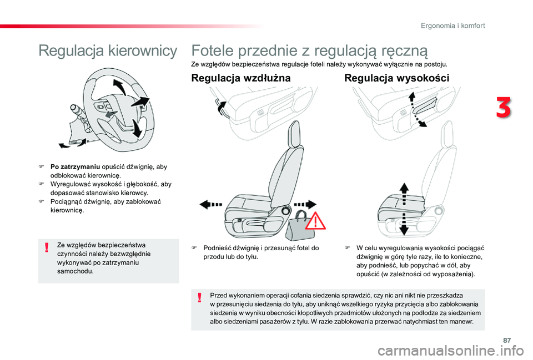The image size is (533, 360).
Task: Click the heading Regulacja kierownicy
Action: (x=108, y=51)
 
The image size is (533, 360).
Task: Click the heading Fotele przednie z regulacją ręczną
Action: (x=309, y=51)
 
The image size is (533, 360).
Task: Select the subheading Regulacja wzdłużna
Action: (x=240, y=78)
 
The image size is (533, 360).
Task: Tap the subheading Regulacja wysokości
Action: (x=397, y=78)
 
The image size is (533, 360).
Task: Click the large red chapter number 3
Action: (x=504, y=108)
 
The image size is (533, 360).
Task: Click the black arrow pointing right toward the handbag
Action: (x=304, y=204)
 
